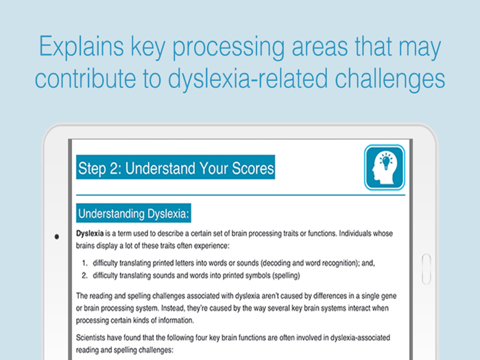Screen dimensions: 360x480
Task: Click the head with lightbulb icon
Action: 385,167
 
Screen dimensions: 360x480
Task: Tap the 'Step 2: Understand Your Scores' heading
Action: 176,168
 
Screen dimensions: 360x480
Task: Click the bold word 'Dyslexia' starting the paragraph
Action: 90,235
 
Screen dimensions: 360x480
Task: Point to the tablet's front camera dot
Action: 56,237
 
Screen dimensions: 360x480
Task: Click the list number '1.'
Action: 85,263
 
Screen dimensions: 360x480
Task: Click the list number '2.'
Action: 85,275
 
